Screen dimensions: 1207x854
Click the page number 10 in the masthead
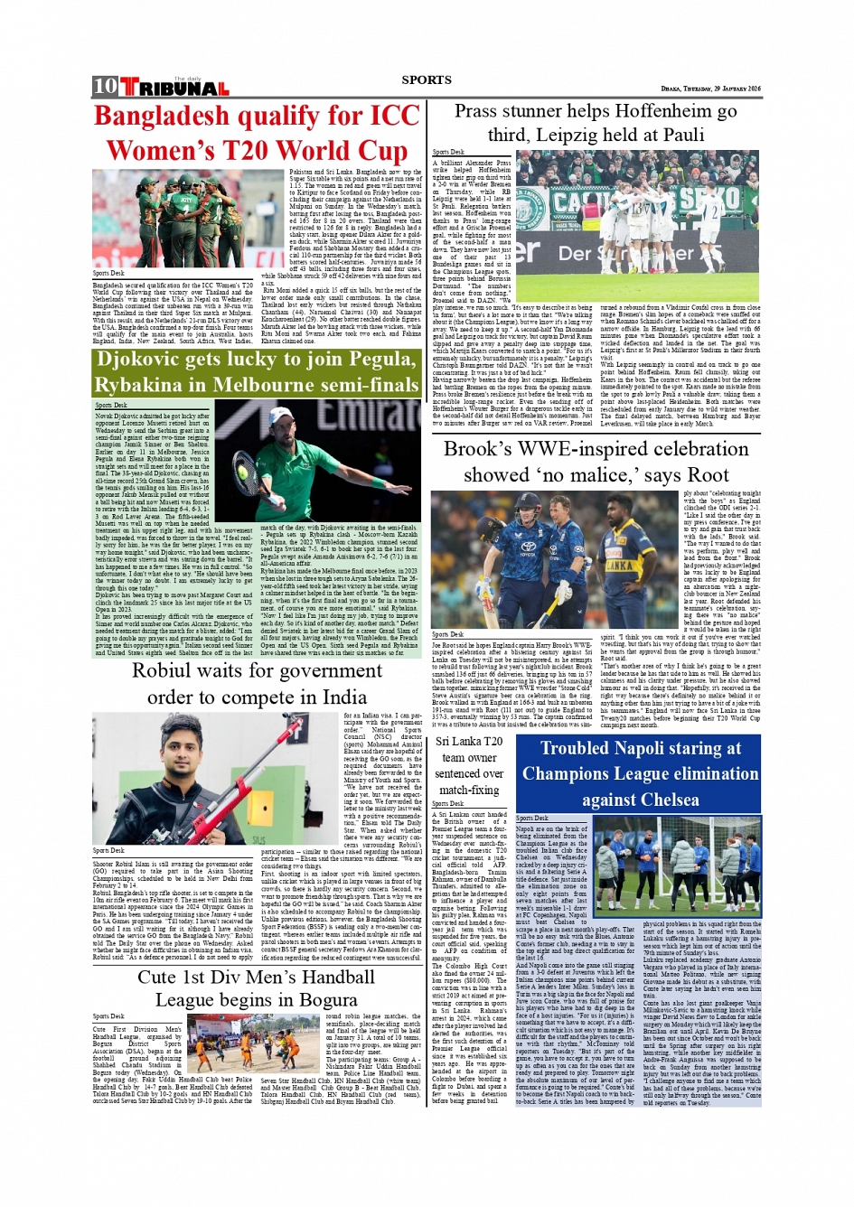coord(105,86)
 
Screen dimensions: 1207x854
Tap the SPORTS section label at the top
coord(427,80)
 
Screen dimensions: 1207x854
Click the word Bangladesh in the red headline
coord(174,116)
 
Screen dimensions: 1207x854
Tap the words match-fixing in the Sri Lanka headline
coord(468,790)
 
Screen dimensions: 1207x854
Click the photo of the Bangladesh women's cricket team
coord(188,219)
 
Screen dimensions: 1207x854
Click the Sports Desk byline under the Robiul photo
coord(108,850)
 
